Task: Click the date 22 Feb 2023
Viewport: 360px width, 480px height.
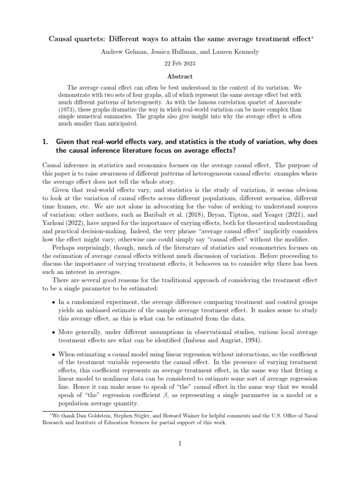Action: [180, 62]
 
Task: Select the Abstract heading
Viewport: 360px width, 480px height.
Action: [180, 76]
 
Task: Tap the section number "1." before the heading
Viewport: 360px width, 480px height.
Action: [46, 142]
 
